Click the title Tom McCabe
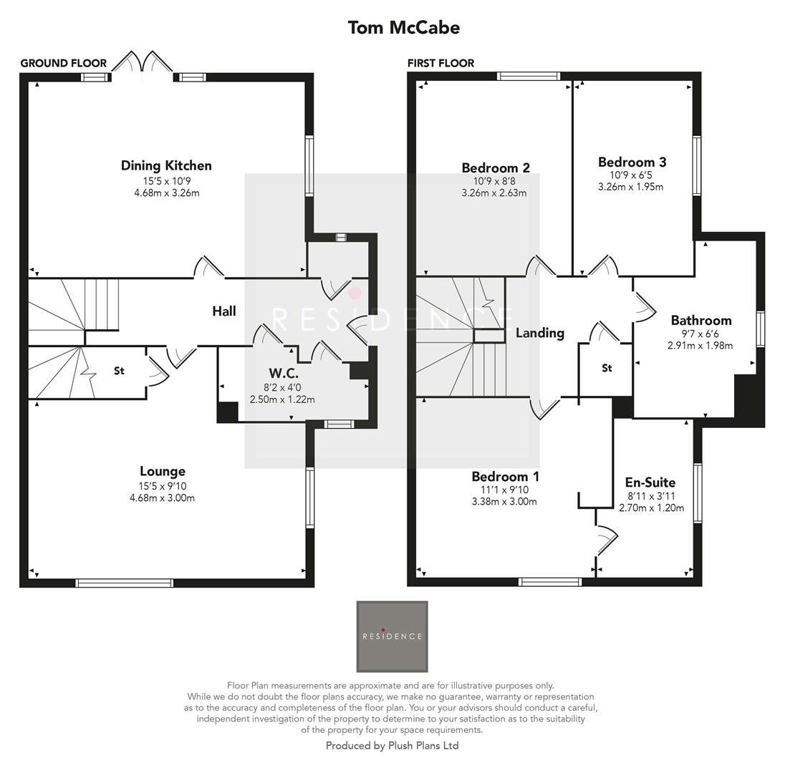coord(403,28)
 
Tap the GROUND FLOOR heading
coord(63,63)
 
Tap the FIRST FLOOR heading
coord(440,63)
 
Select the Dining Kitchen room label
coord(166,165)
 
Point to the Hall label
coord(223,311)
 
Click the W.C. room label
coord(284,373)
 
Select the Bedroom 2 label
coord(496,167)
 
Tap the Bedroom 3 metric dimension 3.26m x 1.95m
coord(630,187)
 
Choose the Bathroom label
coord(700,320)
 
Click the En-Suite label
coord(650,482)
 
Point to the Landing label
coord(540,333)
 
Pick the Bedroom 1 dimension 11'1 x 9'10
coord(505,490)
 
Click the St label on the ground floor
coord(119,371)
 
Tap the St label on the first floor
coord(607,368)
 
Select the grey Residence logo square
coord(392,636)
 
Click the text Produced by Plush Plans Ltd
coord(392,746)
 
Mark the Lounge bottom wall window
coord(125,583)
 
